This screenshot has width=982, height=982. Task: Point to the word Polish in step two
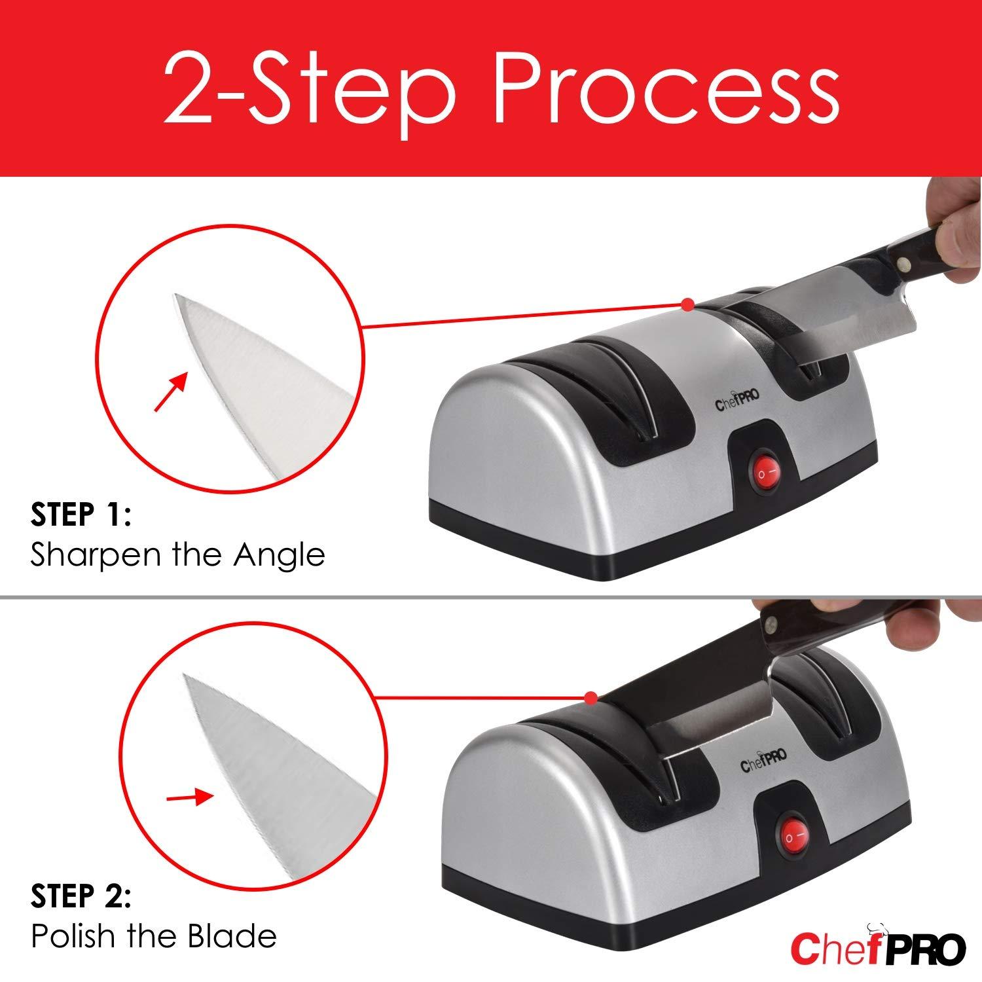(x=73, y=936)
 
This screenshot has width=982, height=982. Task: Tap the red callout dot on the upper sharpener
(x=687, y=304)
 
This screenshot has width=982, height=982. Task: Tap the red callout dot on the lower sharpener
(x=591, y=699)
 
